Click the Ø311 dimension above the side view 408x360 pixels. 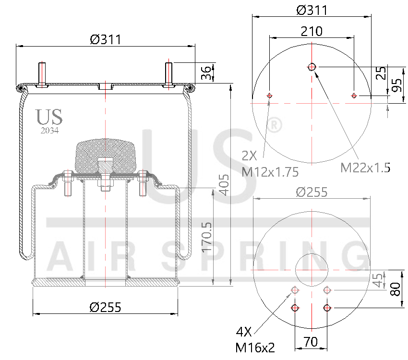105,39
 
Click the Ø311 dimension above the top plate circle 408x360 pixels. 312,10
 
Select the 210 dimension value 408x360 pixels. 312,31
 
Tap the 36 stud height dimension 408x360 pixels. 205,73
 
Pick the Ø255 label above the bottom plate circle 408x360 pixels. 312,192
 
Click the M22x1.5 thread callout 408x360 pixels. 365,168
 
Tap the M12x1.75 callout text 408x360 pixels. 270,171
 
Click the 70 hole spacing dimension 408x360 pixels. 311,342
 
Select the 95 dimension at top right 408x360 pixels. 396,86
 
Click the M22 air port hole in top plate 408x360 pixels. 312,67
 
